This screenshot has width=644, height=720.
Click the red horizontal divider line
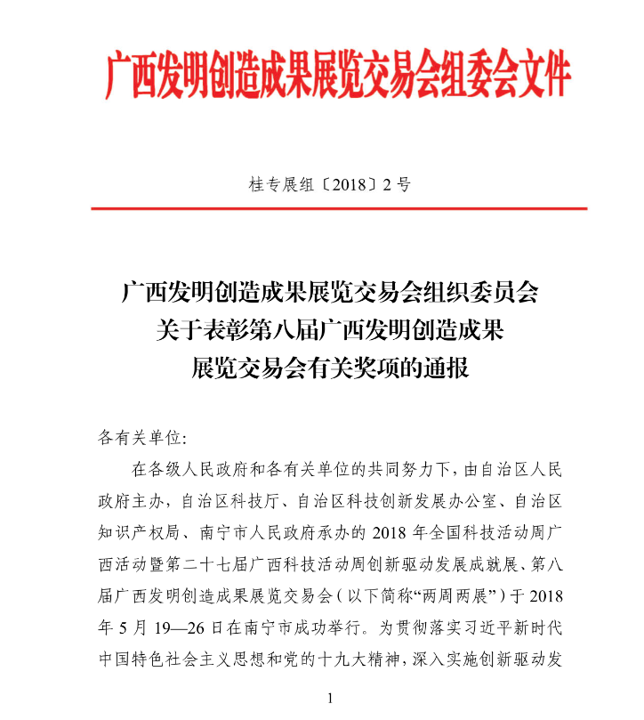coord(339,208)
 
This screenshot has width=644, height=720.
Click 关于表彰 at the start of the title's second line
coord(192,330)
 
